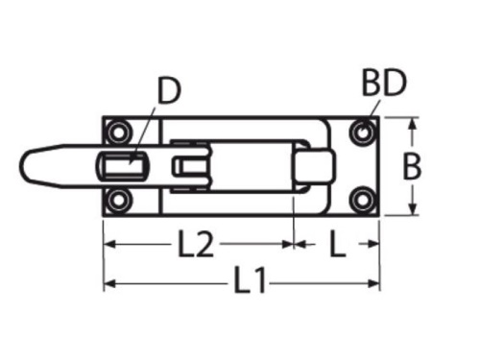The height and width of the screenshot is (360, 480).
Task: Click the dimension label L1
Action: pyautogui.click(x=250, y=281)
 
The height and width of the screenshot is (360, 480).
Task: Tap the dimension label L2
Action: pyautogui.click(x=196, y=244)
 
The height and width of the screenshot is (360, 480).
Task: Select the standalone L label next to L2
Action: pyautogui.click(x=337, y=244)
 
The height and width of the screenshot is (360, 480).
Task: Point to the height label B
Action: pyautogui.click(x=412, y=167)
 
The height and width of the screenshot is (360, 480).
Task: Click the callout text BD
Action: pyautogui.click(x=384, y=83)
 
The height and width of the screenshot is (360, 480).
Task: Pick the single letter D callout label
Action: pyautogui.click(x=169, y=91)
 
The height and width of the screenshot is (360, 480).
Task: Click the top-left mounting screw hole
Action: pyautogui.click(x=118, y=132)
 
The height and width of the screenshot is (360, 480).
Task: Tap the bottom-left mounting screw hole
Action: pyautogui.click(x=118, y=201)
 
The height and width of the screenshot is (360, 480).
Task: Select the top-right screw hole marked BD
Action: pyautogui.click(x=362, y=132)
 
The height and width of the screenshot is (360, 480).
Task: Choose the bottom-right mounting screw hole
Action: pyautogui.click(x=362, y=200)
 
